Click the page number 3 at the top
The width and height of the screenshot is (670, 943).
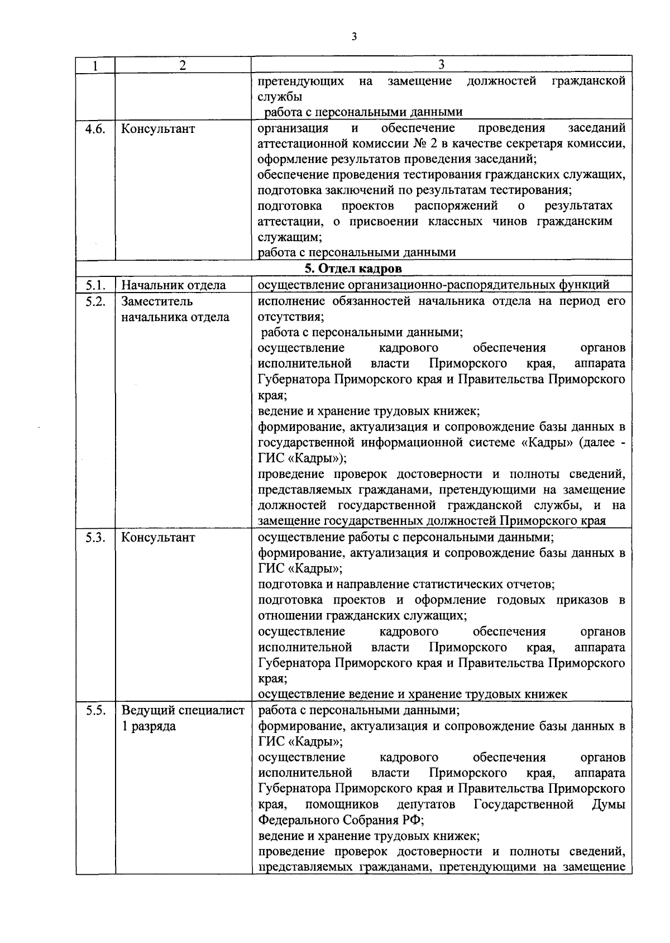tap(354, 37)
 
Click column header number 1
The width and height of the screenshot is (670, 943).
tap(95, 65)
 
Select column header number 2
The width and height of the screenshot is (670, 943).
tap(183, 65)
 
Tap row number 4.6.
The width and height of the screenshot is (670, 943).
tap(95, 129)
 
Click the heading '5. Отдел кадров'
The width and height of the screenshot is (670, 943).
tap(353, 269)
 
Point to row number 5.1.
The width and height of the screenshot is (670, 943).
tap(95, 285)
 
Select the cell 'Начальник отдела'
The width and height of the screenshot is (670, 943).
tap(174, 285)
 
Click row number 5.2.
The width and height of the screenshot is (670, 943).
tap(95, 301)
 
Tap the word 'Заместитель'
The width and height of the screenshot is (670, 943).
tap(157, 301)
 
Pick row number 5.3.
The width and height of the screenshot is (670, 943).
tap(95, 538)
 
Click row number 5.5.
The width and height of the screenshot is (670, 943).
tap(95, 711)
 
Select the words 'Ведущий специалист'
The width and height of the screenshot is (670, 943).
tap(183, 711)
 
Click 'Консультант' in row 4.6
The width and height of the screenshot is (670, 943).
tap(158, 129)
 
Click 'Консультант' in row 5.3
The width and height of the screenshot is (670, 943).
tap(158, 538)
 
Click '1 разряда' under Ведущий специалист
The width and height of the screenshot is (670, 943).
tap(149, 726)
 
